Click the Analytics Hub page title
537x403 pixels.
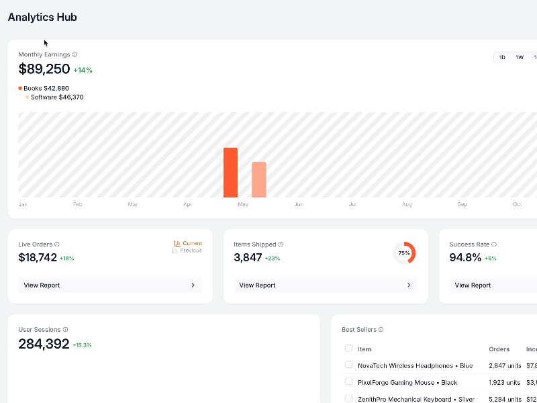pyautogui.click(x=42, y=17)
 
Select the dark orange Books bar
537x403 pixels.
pyautogui.click(x=230, y=173)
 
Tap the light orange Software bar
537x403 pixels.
pyautogui.click(x=259, y=179)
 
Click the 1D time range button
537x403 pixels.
pyautogui.click(x=502, y=58)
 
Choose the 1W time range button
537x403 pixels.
pyautogui.click(x=520, y=58)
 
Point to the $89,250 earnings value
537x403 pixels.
pyautogui.click(x=44, y=69)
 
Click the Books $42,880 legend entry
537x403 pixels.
pyautogui.click(x=45, y=88)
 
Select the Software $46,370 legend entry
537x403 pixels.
pyautogui.click(x=56, y=97)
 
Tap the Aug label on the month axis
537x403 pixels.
pyautogui.click(x=407, y=204)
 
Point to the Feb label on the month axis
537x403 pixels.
pyautogui.click(x=78, y=204)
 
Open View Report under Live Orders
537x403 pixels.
pyautogui.click(x=110, y=285)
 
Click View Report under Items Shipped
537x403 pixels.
pyautogui.click(x=326, y=285)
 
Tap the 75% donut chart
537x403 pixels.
pyautogui.click(x=404, y=253)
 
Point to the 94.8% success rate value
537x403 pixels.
pyautogui.click(x=465, y=257)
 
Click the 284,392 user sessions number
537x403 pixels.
pyautogui.click(x=44, y=344)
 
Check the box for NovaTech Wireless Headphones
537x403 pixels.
pyautogui.click(x=348, y=365)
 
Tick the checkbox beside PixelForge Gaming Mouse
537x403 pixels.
pyautogui.click(x=348, y=382)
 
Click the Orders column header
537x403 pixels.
pyautogui.click(x=499, y=349)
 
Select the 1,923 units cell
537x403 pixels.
pyautogui.click(x=504, y=382)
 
